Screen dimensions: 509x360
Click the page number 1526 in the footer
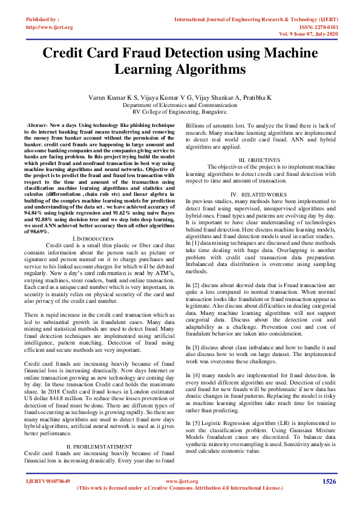pos(329,481)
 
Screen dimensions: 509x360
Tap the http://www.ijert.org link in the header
pos(50,27)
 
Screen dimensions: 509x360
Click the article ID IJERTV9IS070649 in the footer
pos(47,481)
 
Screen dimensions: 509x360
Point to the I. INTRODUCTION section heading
pos(88,239)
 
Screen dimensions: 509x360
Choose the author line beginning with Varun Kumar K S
pos(180,97)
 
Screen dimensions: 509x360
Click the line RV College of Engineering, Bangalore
pos(180,112)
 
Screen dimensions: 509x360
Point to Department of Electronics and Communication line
pos(180,105)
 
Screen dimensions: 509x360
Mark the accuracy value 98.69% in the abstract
pos(34,231)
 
